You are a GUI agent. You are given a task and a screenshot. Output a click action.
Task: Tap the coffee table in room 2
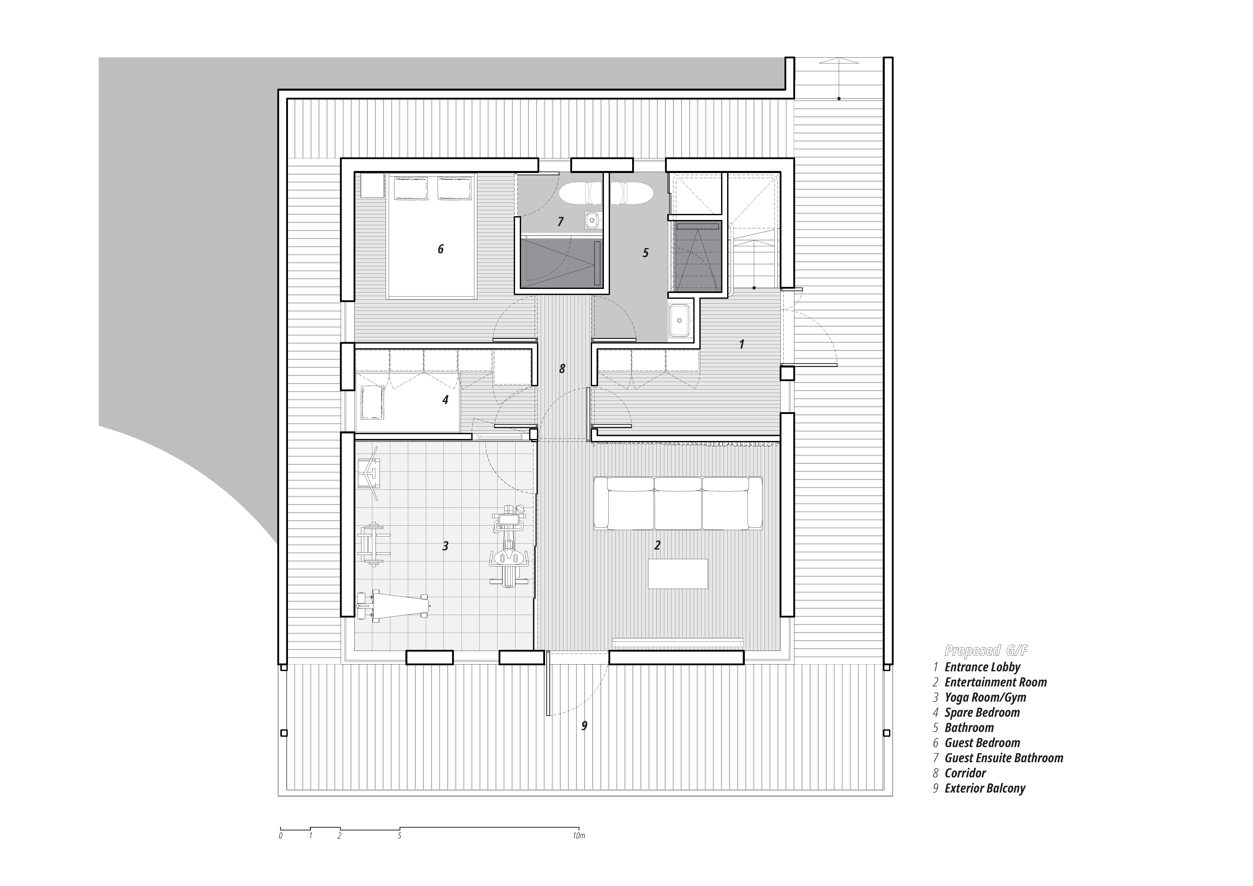678,574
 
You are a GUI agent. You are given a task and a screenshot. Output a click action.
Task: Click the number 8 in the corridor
562,369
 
